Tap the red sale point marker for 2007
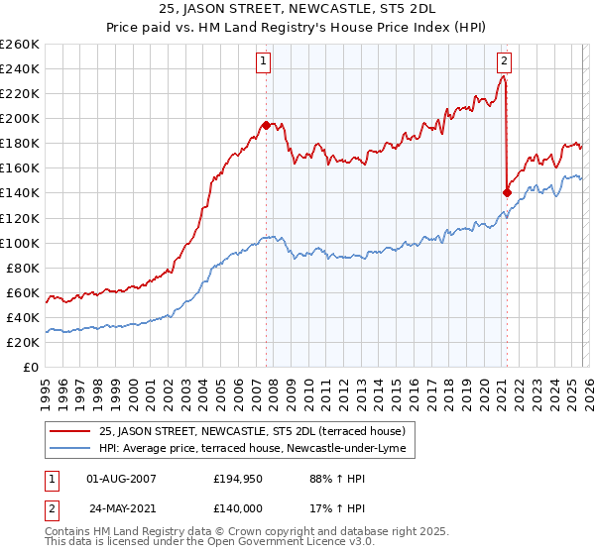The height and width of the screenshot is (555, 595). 266,125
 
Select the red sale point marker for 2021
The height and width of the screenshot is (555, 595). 508,193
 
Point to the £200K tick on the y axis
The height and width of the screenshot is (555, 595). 20,118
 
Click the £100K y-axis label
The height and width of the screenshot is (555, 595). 20,243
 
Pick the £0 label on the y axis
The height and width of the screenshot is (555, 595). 30,367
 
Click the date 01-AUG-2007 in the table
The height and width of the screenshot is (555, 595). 121,479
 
